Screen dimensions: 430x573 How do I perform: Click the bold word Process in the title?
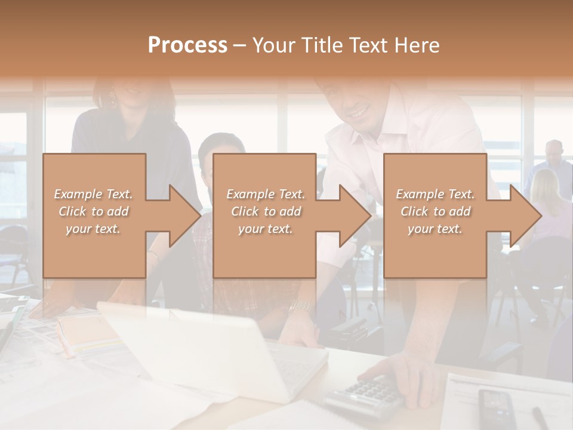(x=187, y=45)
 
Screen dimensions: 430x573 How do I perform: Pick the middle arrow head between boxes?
(x=354, y=216)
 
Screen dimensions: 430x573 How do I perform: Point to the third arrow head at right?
(x=524, y=216)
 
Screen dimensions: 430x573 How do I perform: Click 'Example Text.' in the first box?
(x=94, y=194)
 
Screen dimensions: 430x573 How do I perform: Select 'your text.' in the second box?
(x=266, y=229)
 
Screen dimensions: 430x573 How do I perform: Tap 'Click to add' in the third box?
(x=435, y=211)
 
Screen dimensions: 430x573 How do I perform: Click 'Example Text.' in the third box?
(x=435, y=194)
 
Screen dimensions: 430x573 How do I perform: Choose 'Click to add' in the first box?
(x=94, y=211)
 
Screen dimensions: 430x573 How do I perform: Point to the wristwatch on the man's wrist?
(x=302, y=308)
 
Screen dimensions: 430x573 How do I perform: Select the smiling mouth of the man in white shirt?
(x=358, y=112)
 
